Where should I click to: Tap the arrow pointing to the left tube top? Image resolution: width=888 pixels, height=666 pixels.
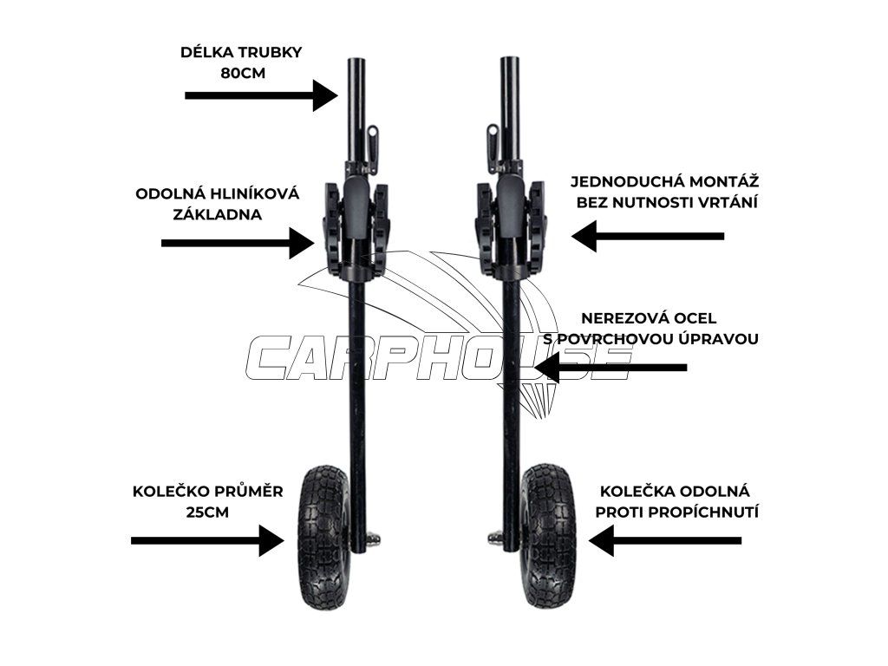[260, 95]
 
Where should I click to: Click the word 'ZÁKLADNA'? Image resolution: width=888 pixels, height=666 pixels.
[217, 214]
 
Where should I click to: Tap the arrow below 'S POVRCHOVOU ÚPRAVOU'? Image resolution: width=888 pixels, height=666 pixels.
[610, 368]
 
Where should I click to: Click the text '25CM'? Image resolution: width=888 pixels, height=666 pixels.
[207, 513]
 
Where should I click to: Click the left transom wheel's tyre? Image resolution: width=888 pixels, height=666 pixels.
[323, 537]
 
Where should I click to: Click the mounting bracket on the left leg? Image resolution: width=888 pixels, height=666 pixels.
[356, 227]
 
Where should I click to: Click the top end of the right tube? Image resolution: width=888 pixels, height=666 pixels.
[510, 62]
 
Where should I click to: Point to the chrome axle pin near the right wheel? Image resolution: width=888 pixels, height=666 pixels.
[495, 538]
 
